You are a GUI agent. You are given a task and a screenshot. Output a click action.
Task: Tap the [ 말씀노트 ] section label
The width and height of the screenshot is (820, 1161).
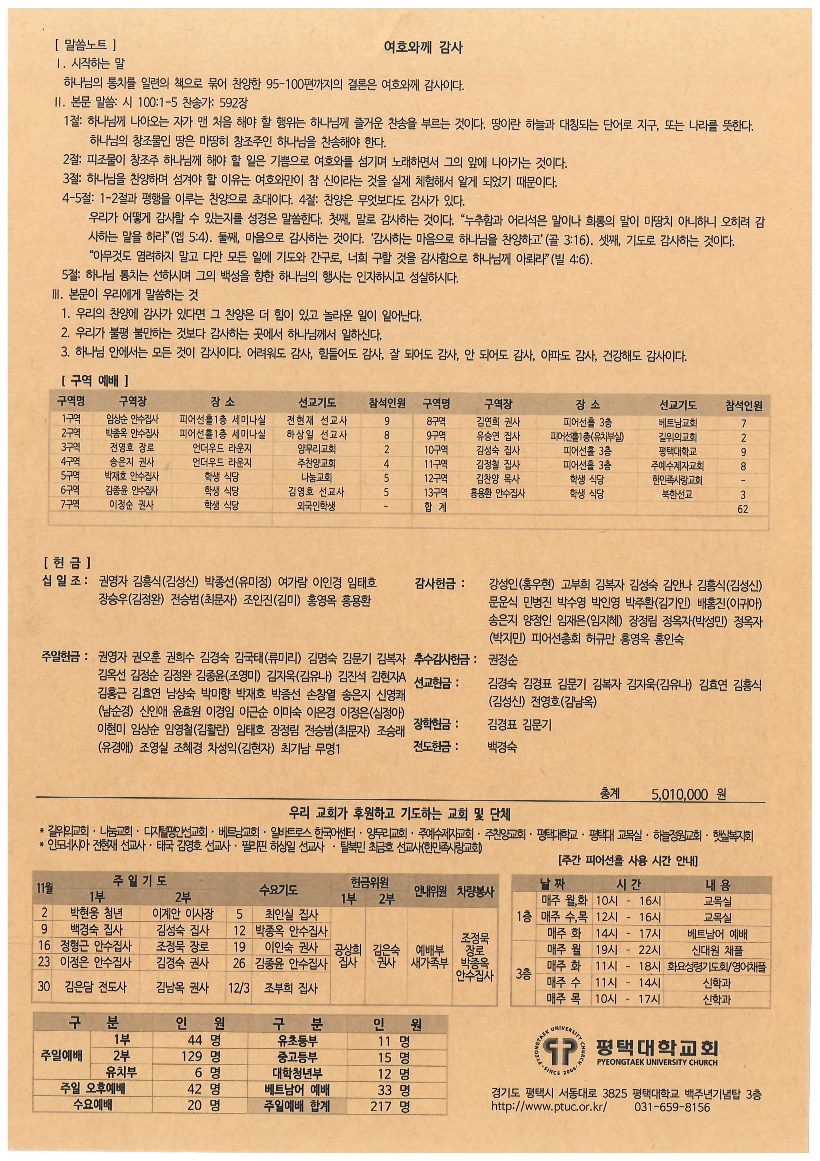tap(85, 46)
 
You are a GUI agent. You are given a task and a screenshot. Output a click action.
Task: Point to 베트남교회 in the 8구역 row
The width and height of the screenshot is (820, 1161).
tap(677, 423)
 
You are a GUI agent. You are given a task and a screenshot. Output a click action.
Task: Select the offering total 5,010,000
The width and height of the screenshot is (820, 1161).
tap(679, 794)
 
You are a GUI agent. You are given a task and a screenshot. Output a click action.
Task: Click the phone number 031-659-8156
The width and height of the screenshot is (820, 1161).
tap(672, 1107)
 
